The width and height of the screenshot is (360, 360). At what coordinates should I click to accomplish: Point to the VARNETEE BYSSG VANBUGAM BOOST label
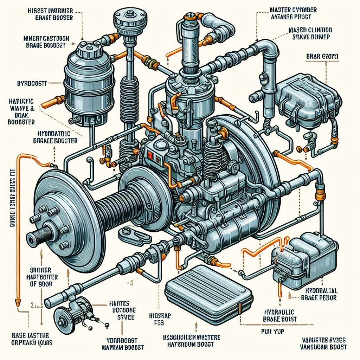pyautogui.click(x=324, y=343)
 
